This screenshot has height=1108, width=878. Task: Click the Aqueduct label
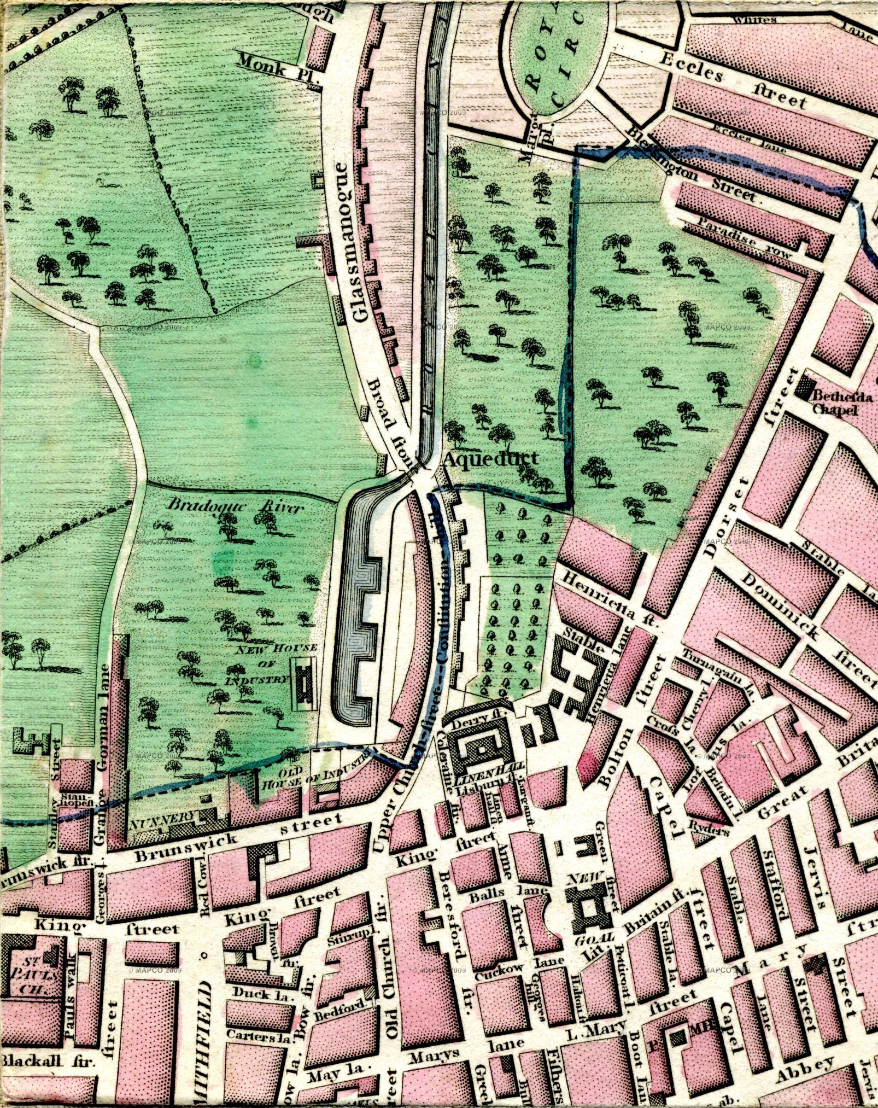click(x=490, y=459)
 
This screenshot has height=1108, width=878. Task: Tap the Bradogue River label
click(x=235, y=506)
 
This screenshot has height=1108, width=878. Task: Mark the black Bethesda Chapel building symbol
click(x=804, y=387)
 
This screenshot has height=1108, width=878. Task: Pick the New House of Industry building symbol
click(x=304, y=683)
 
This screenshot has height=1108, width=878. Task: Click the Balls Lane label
click(x=508, y=897)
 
